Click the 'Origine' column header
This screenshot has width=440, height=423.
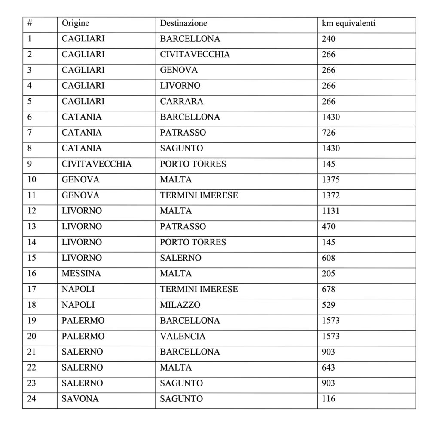pyautogui.click(x=76, y=23)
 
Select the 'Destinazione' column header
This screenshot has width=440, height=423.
pyautogui.click(x=183, y=23)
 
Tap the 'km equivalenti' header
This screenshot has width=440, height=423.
pyautogui.click(x=348, y=23)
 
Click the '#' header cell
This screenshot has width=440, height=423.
pyautogui.click(x=30, y=23)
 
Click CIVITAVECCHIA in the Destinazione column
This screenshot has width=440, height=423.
pyautogui.click(x=195, y=54)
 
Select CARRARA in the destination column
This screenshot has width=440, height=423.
pyautogui.click(x=181, y=102)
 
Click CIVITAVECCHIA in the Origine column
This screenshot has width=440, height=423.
pyautogui.click(x=97, y=164)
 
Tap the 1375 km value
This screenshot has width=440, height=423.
pyautogui.click(x=330, y=180)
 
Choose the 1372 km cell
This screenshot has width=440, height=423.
pyautogui.click(x=330, y=195)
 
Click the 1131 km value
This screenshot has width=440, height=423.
pyautogui.click(x=330, y=211)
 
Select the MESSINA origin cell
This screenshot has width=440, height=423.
pyautogui.click(x=81, y=274)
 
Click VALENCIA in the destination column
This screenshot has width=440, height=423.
pyautogui.click(x=183, y=336)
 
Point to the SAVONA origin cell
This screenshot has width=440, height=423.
pyautogui.click(x=80, y=399)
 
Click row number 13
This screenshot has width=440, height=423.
pyautogui.click(x=32, y=226)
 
